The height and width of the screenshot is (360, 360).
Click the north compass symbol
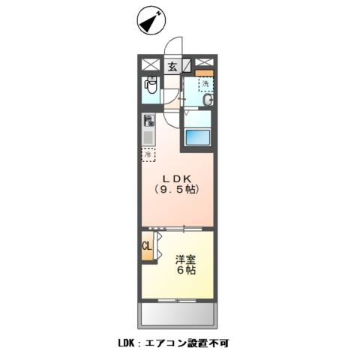tap(151, 22)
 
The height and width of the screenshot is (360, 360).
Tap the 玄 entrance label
tap(172, 66)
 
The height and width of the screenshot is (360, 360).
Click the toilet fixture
tap(150, 88)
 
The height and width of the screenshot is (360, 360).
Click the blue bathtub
tap(197, 138)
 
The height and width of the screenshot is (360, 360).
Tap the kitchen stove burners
tap(149, 120)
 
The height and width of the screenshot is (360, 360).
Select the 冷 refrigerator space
tap(149, 154)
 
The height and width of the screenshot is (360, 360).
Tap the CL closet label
tap(147, 246)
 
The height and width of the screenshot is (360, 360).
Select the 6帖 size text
tap(186, 271)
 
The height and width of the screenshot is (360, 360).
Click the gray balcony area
tap(178, 313)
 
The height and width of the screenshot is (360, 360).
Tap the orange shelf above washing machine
tap(205, 73)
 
